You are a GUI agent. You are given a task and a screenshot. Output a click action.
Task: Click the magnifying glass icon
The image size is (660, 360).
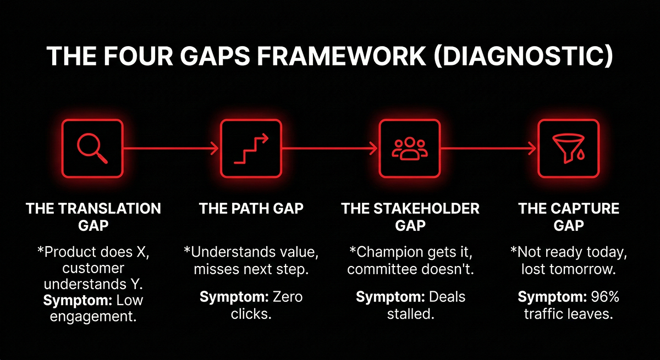pos(92,148)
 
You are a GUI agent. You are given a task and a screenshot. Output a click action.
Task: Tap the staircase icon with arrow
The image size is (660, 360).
pos(250,148)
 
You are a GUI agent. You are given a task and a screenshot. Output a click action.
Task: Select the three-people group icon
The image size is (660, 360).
pos(409,148)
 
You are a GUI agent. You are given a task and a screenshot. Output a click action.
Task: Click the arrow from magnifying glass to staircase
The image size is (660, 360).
pos(171,148)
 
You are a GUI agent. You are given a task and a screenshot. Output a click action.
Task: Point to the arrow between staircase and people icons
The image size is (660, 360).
pos(330,148)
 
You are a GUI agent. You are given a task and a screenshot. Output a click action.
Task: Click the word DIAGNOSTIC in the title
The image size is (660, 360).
pos(524,57)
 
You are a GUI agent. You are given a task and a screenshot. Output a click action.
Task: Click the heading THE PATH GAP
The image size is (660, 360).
pos(251,209)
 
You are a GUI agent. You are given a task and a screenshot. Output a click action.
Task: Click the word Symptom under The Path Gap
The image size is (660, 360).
pos(232,297)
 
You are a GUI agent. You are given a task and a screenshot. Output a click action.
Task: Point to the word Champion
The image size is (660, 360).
pos(387,253)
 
